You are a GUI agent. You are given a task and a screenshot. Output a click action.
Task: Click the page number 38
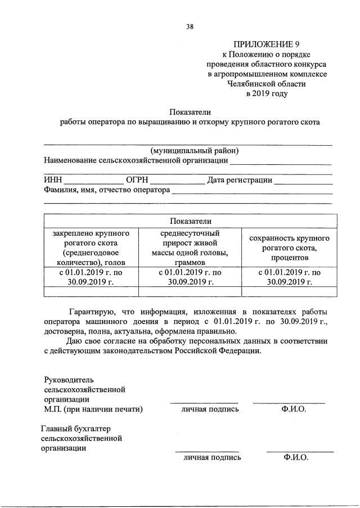click(x=190, y=25)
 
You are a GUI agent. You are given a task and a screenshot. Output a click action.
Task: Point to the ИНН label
click(x=53, y=180)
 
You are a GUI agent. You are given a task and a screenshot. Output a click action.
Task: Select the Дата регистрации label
click(x=240, y=180)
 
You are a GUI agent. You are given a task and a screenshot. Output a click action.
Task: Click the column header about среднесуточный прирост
click(x=190, y=248)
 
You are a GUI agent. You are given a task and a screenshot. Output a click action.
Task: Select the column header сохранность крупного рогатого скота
click(x=289, y=248)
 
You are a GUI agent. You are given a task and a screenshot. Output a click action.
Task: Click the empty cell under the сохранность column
click(x=289, y=291)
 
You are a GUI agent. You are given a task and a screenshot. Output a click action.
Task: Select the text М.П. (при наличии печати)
click(x=93, y=409)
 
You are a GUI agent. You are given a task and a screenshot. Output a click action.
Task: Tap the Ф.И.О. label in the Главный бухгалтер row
click(x=296, y=457)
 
